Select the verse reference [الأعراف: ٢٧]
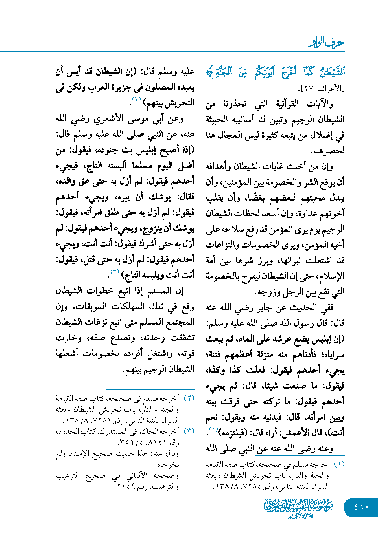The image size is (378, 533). pyautogui.click(x=322, y=89)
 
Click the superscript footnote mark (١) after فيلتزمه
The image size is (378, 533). pyautogui.click(x=213, y=429)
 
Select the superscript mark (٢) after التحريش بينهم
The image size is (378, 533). pyautogui.click(x=137, y=99)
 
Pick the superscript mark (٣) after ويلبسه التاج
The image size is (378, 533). pyautogui.click(x=115, y=271)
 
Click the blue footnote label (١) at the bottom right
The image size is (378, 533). pyautogui.click(x=339, y=464)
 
